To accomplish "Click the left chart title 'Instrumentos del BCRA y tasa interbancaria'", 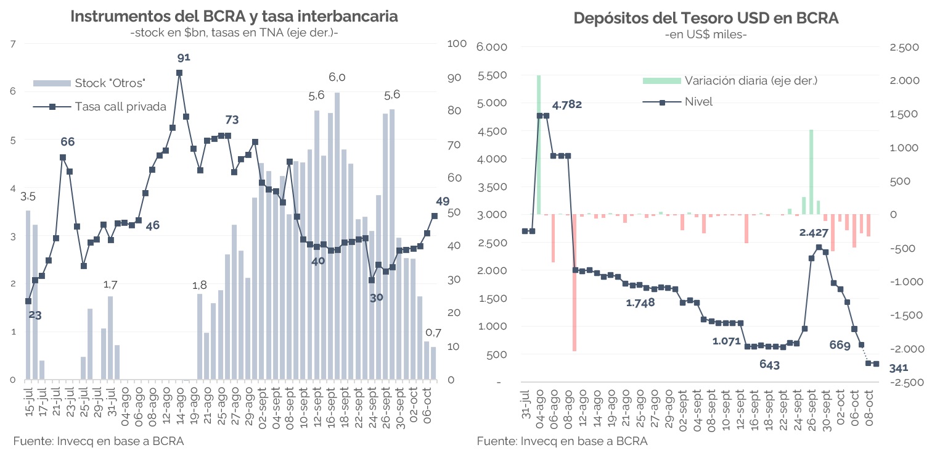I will click(234, 17).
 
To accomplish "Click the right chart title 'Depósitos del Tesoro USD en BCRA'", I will click(706, 18).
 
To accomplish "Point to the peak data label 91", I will click(184, 57).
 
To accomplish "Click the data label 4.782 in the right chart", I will click(567, 105).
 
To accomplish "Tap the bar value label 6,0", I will click(337, 77).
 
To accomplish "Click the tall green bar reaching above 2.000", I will click(539, 144).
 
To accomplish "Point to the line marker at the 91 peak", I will click(179, 73).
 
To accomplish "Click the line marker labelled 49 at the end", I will click(434, 215).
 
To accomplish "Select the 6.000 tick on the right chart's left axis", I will click(492, 48).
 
